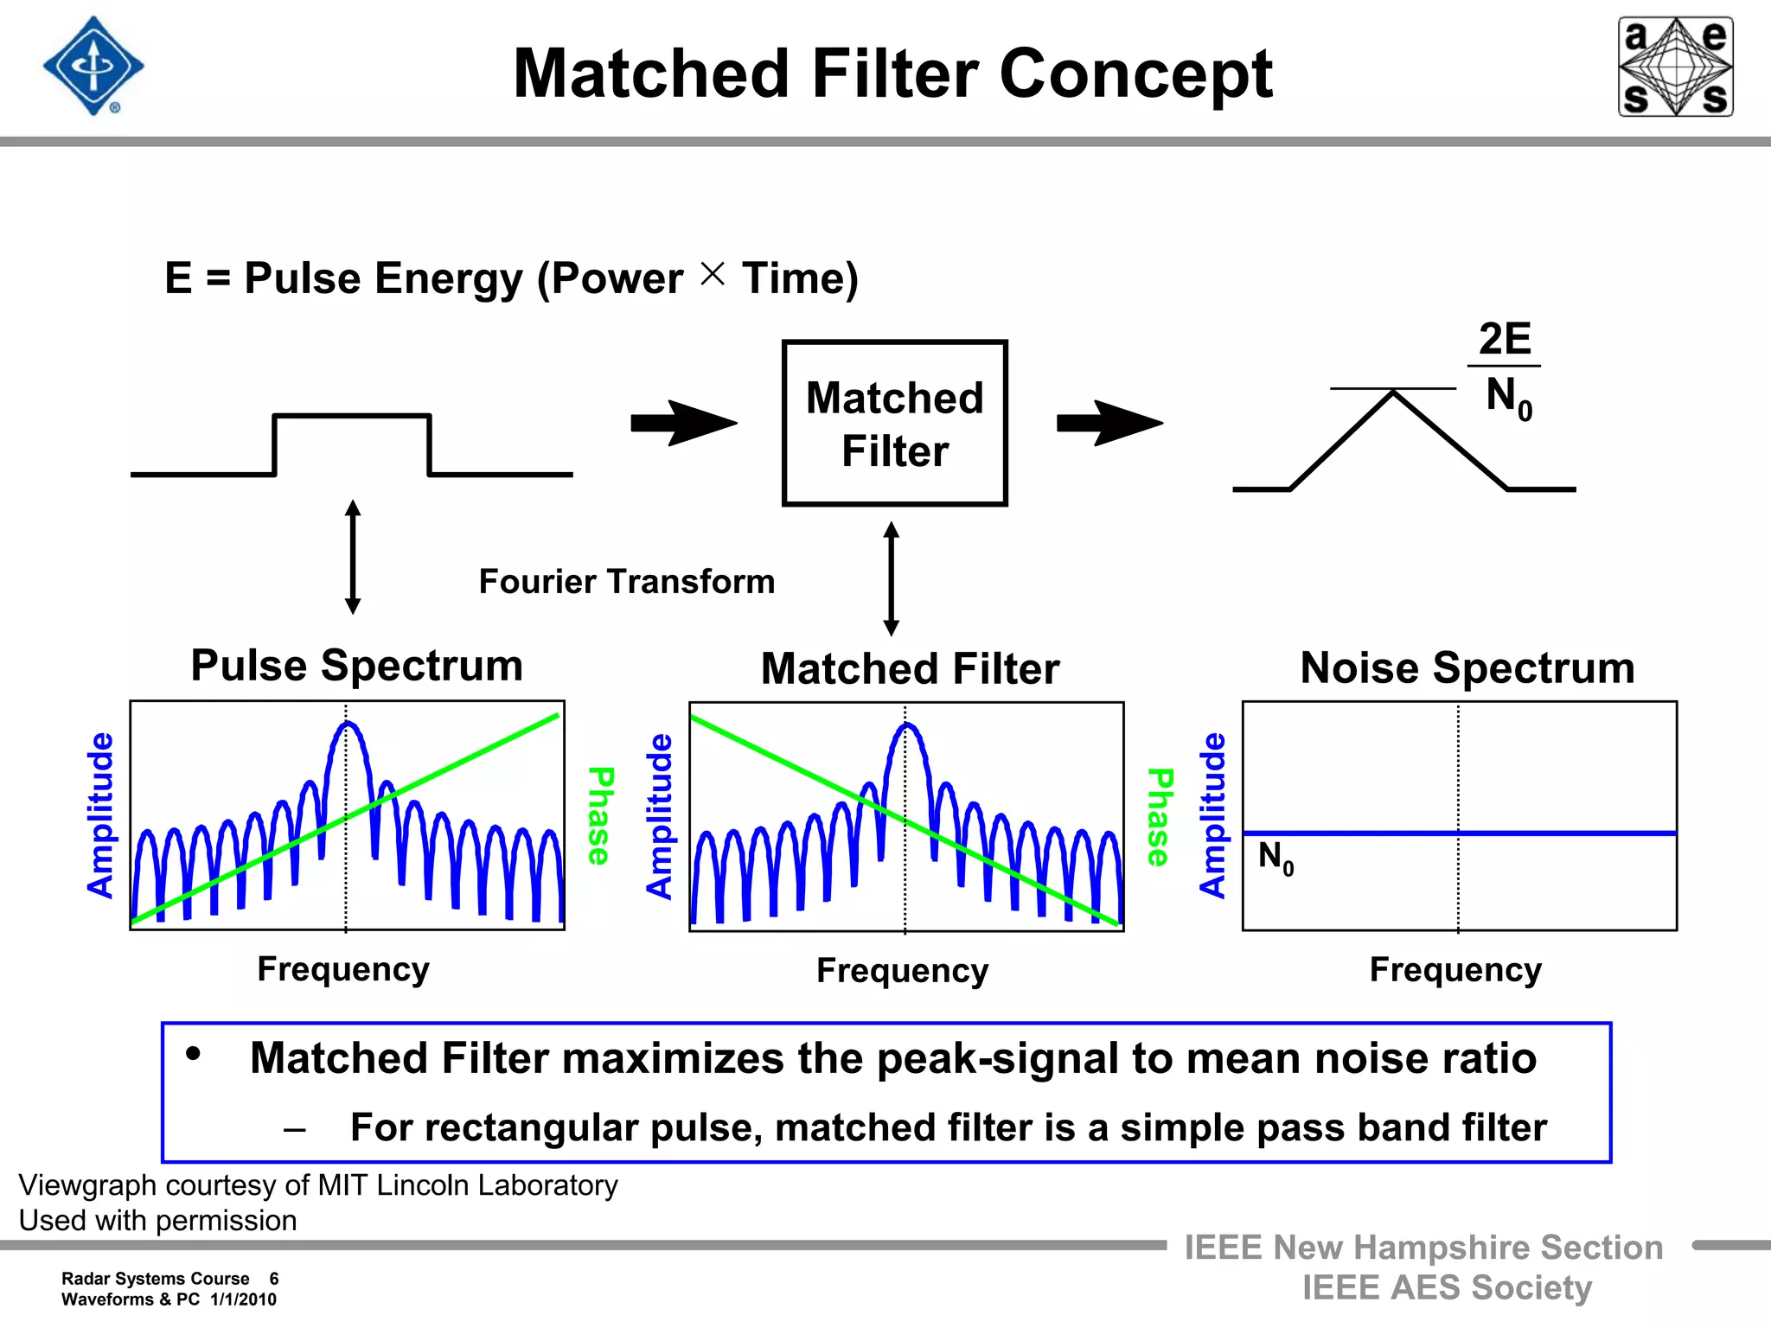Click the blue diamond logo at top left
click(x=93, y=67)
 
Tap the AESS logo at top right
click(x=1675, y=67)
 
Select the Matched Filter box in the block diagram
click(x=894, y=423)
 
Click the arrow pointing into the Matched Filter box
click(x=683, y=423)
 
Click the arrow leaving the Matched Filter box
click(x=1109, y=423)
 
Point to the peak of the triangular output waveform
click(x=1393, y=394)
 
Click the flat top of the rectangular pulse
click(x=352, y=416)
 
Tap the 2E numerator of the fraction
click(x=1505, y=339)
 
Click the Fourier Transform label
click(x=626, y=582)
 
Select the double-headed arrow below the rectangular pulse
click(x=352, y=557)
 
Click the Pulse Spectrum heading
click(x=356, y=666)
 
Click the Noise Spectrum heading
click(x=1467, y=668)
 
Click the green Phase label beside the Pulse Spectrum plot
click(x=600, y=815)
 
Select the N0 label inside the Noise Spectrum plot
click(x=1276, y=858)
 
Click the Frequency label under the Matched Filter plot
click(x=902, y=971)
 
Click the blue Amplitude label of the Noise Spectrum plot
click(x=1212, y=815)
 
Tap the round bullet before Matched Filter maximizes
click(x=194, y=1053)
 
